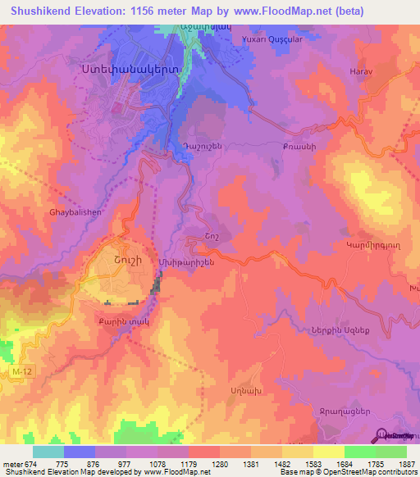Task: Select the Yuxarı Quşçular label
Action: click(x=272, y=39)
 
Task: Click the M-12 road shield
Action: click(x=23, y=373)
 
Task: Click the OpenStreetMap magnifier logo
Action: click(x=384, y=435)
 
